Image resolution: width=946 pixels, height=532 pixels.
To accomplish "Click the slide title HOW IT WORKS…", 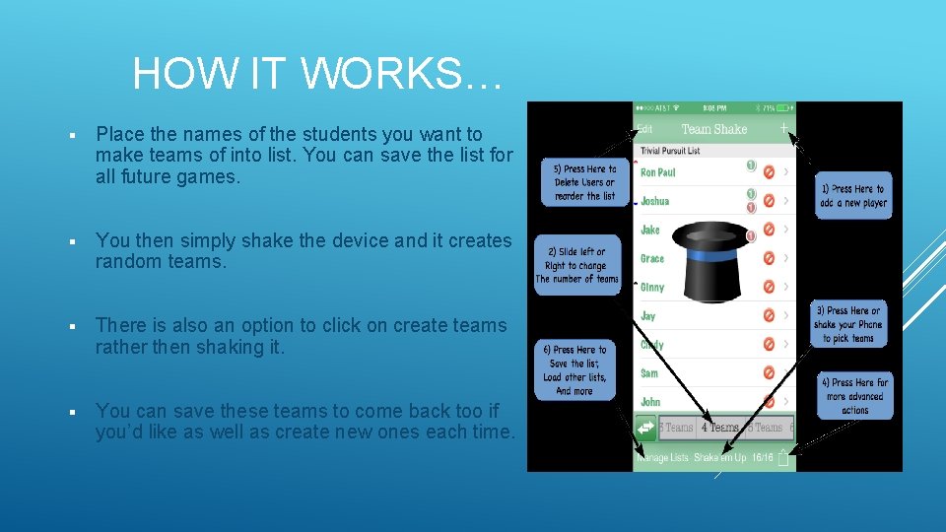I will coord(317,73).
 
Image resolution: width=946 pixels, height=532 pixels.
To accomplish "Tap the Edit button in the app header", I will coord(644,128).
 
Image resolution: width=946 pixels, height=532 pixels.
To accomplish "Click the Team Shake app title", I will coord(714,129).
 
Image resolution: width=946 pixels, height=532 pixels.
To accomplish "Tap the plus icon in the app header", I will coord(783,128).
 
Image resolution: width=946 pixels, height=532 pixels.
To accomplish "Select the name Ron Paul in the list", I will coord(658,172).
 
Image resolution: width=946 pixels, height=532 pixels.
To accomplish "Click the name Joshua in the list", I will coord(655,201).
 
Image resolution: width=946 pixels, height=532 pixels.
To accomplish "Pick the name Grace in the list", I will coord(652,259).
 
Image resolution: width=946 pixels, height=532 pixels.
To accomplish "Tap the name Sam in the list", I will coord(649,373).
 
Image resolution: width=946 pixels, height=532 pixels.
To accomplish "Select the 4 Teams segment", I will coord(719,428).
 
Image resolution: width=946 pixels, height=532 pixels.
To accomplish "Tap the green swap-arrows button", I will coord(645,428).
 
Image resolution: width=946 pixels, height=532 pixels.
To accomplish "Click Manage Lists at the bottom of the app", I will coord(662,458).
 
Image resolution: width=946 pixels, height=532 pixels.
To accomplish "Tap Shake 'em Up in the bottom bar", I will coord(719,458).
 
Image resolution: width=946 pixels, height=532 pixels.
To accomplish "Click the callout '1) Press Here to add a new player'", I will coord(853,196).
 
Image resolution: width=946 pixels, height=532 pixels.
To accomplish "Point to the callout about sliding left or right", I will coord(577,266).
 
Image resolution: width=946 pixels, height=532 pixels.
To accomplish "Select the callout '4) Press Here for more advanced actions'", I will coord(854,396).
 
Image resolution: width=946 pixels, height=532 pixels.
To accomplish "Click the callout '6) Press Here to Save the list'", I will coord(574,370).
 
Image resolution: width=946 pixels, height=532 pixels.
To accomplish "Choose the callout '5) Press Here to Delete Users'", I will coord(583,182).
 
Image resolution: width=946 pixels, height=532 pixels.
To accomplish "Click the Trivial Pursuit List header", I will coord(670,151).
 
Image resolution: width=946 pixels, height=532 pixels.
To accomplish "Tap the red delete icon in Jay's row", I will coord(769,316).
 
